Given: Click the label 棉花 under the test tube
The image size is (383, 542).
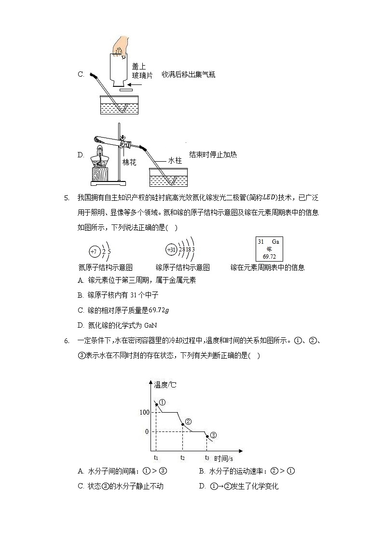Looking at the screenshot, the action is coord(129,163).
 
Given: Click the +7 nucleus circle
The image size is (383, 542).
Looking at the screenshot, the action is coord(93,251).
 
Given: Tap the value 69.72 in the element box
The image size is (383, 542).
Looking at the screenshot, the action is coord(269,256).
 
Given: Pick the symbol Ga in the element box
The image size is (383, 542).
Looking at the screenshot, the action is coord(275,241).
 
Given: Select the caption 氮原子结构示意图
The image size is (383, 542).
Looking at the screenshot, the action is coord(105,267).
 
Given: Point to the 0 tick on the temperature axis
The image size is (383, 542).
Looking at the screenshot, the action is coord(147,431).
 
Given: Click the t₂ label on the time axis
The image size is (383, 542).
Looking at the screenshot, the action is coord(182,458).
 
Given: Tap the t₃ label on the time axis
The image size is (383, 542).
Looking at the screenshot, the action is coord(207,458).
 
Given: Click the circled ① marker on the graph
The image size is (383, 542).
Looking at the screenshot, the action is coord(162,402).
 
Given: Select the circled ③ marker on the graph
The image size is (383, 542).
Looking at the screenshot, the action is coord(213,434).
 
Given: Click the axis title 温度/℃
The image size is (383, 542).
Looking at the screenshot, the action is coord(165,385).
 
